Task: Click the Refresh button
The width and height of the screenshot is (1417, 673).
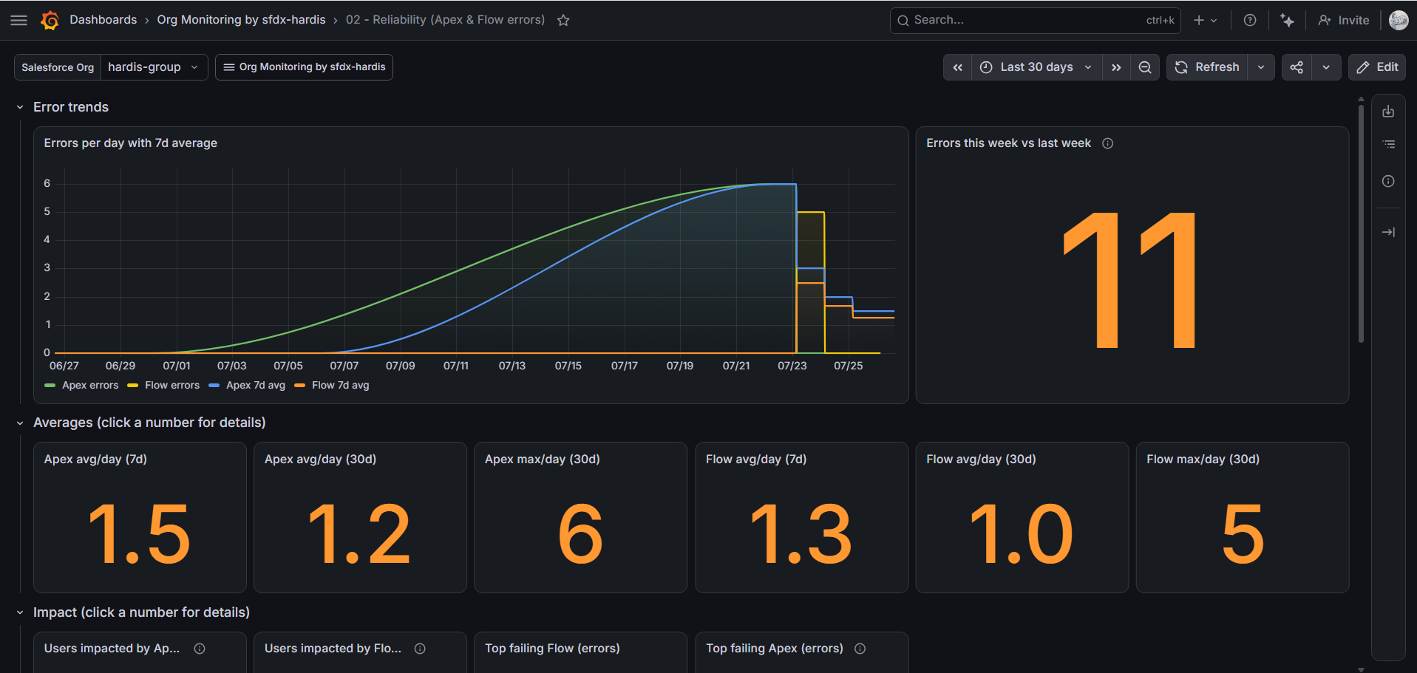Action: (1207, 67)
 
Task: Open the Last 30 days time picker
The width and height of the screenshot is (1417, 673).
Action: (1036, 67)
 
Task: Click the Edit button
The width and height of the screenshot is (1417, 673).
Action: (1377, 67)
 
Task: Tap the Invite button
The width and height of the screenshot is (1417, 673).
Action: (1344, 20)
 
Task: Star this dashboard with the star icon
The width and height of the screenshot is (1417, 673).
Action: (563, 20)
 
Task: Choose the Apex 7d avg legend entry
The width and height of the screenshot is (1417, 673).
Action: (247, 385)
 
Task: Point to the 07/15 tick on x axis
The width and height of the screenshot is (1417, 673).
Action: (568, 366)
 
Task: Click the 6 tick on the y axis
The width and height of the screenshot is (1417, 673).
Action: (47, 183)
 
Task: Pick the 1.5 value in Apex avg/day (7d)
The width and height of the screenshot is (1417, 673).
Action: (140, 533)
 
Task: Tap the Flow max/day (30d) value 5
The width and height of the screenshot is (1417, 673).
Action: (1243, 533)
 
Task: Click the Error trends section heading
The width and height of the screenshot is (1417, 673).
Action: (71, 107)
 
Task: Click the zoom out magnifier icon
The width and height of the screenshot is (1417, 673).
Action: (1144, 67)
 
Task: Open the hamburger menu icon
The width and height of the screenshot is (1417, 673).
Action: (19, 20)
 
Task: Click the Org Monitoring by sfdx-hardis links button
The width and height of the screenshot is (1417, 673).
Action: (304, 67)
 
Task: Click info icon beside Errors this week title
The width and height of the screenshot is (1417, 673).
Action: (1107, 143)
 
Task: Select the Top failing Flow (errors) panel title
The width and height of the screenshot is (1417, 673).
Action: (552, 648)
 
